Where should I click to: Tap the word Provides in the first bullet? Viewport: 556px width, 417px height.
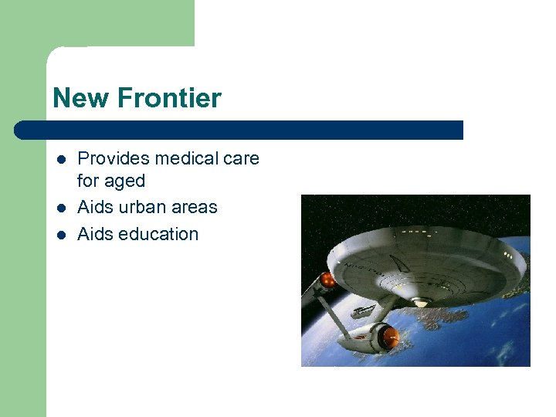[114, 159]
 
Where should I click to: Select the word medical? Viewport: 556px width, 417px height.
[185, 159]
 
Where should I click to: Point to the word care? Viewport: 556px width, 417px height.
[241, 159]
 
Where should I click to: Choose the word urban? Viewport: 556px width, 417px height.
[144, 207]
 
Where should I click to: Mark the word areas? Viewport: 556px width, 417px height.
[196, 207]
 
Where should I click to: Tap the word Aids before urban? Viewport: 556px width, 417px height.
[95, 207]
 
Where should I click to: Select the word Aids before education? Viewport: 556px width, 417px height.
[95, 234]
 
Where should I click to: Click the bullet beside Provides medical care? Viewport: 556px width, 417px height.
[61, 160]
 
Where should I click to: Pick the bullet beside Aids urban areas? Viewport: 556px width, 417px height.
[61, 208]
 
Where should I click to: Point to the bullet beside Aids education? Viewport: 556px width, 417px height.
[61, 235]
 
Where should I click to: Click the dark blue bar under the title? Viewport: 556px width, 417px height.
[239, 130]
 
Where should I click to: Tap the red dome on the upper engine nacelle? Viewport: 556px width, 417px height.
[328, 279]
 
